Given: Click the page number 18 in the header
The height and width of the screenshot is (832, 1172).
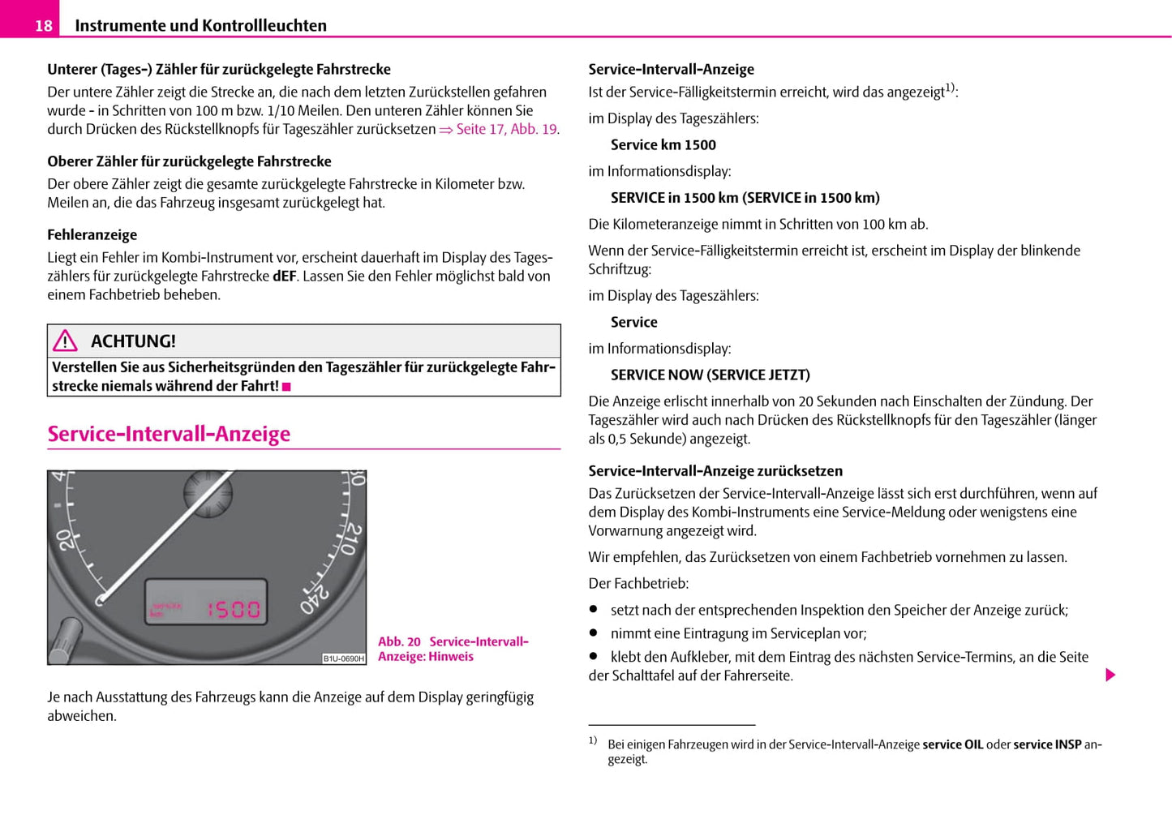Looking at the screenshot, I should point(43,26).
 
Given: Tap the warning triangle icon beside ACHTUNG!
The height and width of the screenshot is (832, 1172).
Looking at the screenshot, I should point(65,341).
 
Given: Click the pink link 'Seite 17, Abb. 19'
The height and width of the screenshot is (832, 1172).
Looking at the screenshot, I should point(506,129).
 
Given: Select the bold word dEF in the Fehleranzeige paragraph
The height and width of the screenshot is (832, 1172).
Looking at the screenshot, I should point(284,277).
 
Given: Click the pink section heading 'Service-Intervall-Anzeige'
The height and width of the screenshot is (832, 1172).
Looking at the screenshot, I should point(169,434).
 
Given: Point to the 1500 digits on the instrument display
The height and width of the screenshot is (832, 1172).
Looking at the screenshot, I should point(234,609).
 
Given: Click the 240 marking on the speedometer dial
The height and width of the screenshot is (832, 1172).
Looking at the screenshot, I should point(314,598).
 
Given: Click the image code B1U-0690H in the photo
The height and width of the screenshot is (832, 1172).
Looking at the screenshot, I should point(344,658).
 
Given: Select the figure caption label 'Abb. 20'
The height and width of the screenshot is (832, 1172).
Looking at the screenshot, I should point(399,642).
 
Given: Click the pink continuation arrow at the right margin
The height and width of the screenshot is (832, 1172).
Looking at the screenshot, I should point(1110,675).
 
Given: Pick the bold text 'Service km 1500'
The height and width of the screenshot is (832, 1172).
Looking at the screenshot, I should point(663,145).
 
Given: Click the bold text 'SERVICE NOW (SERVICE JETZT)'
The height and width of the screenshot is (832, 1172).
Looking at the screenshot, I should point(710,375).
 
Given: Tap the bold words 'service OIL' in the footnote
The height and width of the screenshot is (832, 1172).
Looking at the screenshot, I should point(952,744).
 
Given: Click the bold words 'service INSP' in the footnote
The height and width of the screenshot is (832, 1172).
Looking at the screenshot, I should point(1047,744).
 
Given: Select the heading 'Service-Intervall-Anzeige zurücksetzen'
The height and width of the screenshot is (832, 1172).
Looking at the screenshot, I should point(715,471).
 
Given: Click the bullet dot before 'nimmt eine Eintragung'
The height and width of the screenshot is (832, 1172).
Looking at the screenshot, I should point(594,633).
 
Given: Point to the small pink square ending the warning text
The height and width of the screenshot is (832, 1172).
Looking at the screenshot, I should point(286,387).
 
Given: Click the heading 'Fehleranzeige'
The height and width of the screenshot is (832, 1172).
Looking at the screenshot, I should point(92,235).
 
